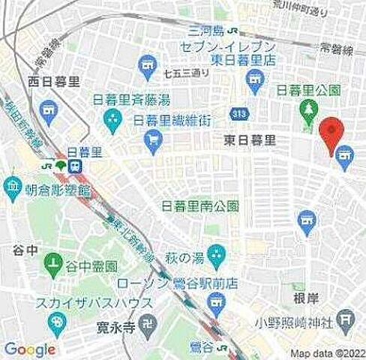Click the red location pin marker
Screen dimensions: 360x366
tap(331, 133)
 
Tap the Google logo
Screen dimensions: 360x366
tap(29, 349)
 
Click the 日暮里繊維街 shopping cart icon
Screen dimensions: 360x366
tap(154, 139)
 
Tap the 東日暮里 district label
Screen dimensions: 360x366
tap(249, 139)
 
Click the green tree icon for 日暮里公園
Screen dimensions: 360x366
tap(307, 110)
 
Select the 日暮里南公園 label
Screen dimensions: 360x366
tap(202, 205)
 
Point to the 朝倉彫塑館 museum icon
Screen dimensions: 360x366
tap(13, 184)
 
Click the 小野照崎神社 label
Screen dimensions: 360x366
tap(302, 323)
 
